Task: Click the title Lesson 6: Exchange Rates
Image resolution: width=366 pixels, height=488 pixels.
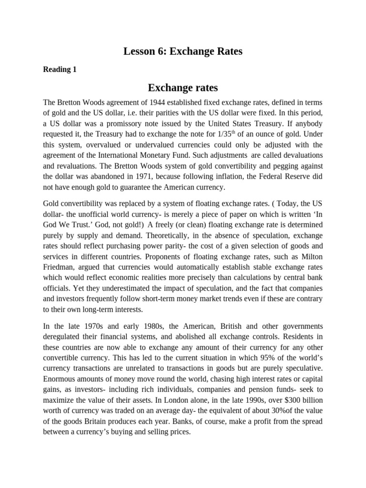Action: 183,51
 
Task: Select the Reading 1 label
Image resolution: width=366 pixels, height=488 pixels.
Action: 60,70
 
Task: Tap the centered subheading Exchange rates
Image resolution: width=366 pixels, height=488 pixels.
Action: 183,88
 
